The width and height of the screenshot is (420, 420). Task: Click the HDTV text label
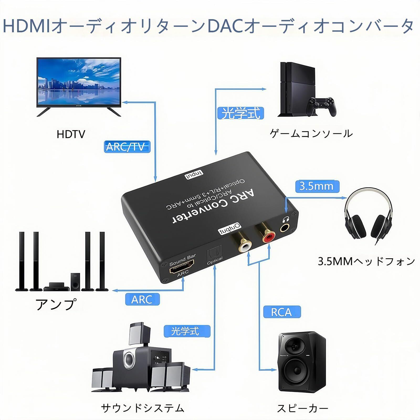(x=71, y=134)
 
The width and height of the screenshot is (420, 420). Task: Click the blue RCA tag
(x=281, y=312)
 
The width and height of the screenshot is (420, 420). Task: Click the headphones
(x=369, y=217)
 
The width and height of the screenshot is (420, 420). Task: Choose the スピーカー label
(x=303, y=409)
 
